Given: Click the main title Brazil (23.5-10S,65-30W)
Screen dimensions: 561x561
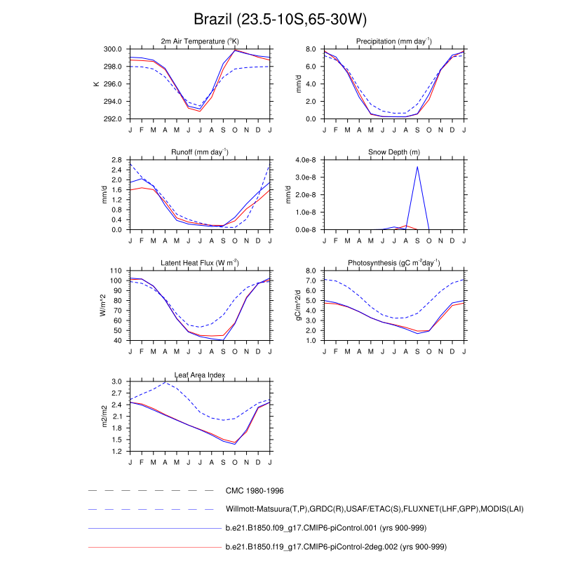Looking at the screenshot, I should [x=280, y=19].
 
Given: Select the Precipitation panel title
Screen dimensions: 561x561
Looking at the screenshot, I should [x=394, y=42].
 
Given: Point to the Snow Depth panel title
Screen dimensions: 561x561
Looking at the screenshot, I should [x=394, y=153].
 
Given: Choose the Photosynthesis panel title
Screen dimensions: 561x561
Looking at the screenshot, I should [x=394, y=264].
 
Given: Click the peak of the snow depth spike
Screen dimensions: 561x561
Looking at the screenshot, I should [x=417, y=166].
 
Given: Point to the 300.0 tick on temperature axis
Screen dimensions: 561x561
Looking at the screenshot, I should [x=114, y=49].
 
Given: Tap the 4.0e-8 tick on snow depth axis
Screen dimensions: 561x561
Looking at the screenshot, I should [x=306, y=160].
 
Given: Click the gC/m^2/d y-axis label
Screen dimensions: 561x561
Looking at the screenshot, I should [x=297, y=305].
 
